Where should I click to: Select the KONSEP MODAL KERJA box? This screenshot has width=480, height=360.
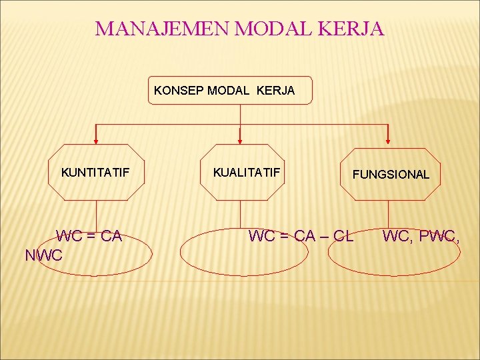pos(229,90)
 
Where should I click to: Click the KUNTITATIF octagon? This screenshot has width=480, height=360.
pos(96,173)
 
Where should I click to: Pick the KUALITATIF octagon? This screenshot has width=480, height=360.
pos(246,173)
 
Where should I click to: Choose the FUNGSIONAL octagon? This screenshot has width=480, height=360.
pos(390,173)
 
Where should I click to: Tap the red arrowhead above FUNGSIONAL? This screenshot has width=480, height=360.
pos(389,139)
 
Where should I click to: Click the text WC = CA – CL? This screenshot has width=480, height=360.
pos(301,236)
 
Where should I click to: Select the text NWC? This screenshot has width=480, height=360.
pos(43,255)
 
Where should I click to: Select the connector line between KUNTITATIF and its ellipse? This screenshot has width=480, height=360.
pos(97,215)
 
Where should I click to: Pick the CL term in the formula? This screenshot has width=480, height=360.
pos(343,236)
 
